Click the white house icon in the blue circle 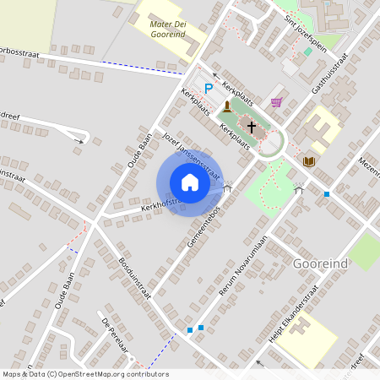(x=190, y=182)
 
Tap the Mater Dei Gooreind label (x=166, y=30)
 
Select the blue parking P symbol (x=208, y=88)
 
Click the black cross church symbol (x=251, y=127)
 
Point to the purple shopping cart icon (x=275, y=102)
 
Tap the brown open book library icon (x=309, y=161)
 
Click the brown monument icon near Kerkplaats (x=226, y=106)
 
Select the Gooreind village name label (x=320, y=263)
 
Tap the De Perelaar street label (x=118, y=335)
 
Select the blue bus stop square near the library (x=327, y=194)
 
